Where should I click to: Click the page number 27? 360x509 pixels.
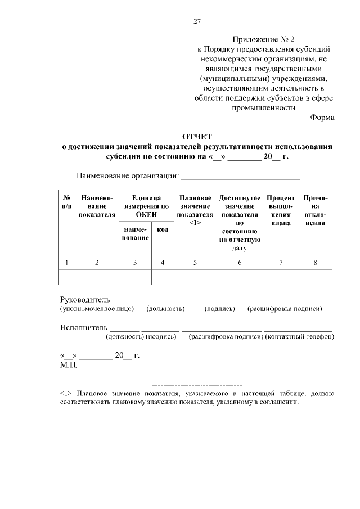tap(197, 22)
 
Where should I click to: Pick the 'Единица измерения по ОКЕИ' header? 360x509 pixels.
tap(146, 206)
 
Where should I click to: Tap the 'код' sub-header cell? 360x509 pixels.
tap(163, 230)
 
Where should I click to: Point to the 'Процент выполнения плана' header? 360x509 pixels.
tap(281, 210)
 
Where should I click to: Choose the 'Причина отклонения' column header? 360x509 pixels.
tap(315, 210)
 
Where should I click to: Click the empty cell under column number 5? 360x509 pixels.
tap(195, 277)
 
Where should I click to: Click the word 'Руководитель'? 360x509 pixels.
tap(85, 299)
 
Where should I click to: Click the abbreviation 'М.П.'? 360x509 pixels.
tap(69, 364)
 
